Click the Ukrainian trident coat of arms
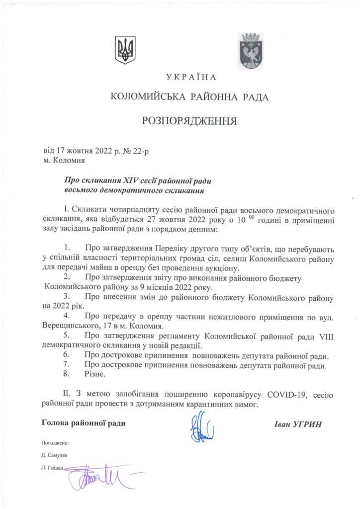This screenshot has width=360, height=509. [125, 50]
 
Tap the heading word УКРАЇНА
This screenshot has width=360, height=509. [191, 77]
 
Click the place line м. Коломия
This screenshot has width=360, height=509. [64, 161]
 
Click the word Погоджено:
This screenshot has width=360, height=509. [55, 442]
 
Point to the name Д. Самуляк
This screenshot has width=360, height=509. [55, 455]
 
